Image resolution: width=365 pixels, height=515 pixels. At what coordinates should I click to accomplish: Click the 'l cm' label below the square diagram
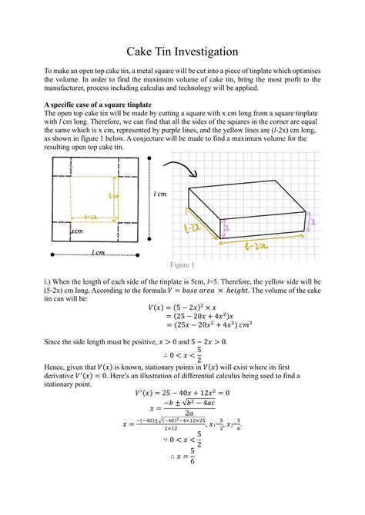[98, 252]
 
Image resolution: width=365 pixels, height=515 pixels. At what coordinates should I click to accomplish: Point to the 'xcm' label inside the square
[77, 231]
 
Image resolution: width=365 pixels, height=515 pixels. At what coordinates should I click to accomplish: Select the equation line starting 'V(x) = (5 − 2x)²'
[182, 307]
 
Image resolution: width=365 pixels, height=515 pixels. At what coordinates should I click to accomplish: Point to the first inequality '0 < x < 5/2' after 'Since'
[182, 355]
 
